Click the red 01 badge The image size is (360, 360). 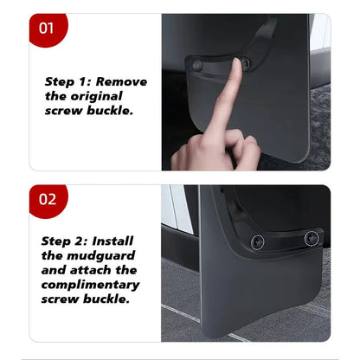click(x=47, y=29)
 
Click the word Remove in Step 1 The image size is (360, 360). click(x=122, y=82)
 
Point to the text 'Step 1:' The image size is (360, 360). click(x=69, y=82)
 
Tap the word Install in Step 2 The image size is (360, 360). click(x=114, y=241)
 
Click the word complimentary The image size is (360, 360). click(x=92, y=284)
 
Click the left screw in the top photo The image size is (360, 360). click(x=198, y=66)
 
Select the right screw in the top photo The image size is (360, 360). click(x=245, y=62)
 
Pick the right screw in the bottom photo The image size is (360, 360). click(x=312, y=237)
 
